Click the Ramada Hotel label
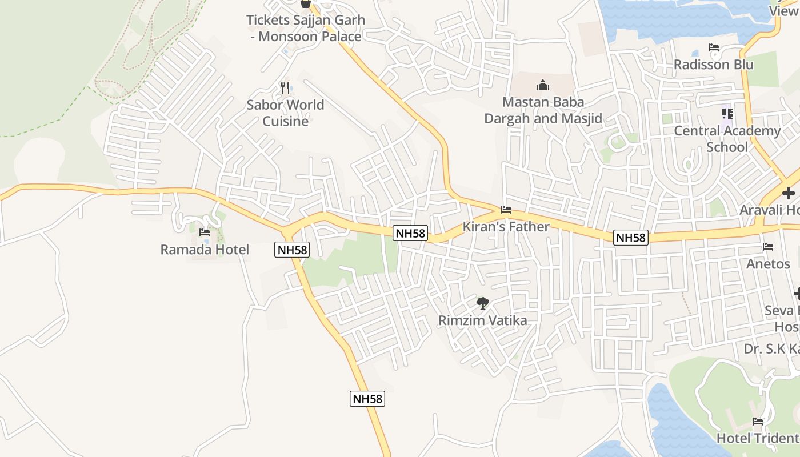point(205,250)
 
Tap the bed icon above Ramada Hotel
point(205,232)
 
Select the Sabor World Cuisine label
point(285,113)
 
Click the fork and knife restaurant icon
point(285,87)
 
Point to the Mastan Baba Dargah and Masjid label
point(543,110)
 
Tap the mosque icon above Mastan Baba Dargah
point(543,86)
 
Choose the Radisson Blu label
point(713,65)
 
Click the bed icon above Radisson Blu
point(713,47)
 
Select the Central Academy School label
point(727,139)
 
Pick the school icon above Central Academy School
point(727,114)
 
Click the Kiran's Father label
point(506,227)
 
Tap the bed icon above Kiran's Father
point(506,210)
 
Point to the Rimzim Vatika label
point(482,320)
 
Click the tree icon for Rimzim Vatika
point(483,303)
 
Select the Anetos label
point(768,264)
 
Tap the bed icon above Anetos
point(768,247)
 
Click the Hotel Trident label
point(758,438)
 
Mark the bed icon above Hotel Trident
point(758,422)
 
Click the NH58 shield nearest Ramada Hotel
point(291,250)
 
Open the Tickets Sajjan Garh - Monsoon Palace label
point(305,28)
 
